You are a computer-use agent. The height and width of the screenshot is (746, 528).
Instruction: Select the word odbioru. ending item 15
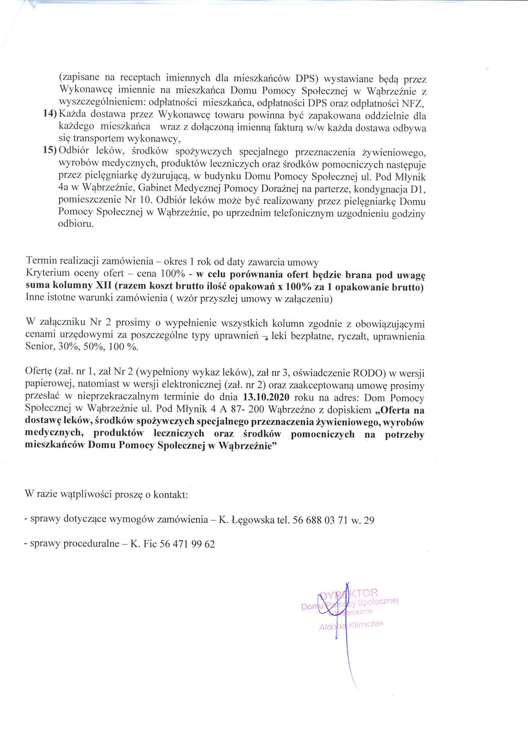coord(76,224)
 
